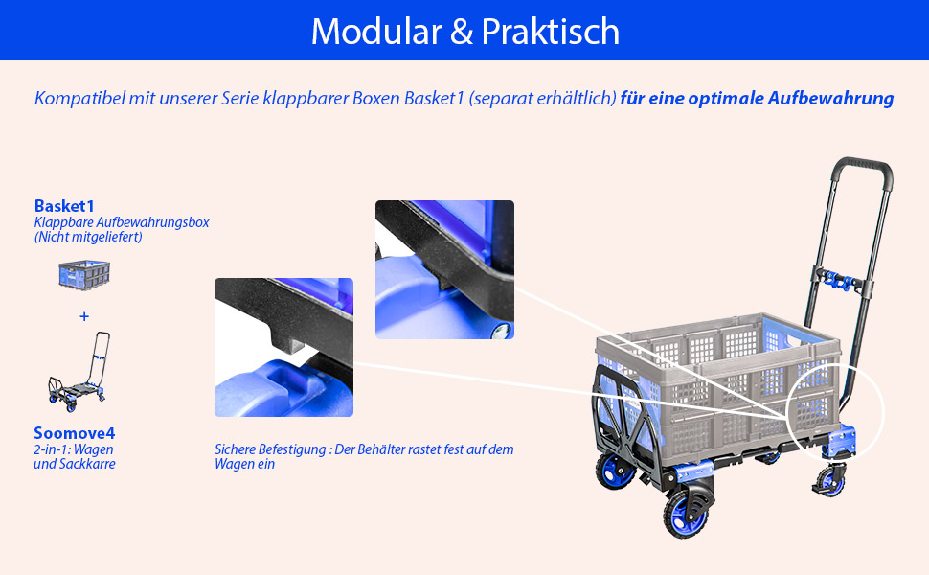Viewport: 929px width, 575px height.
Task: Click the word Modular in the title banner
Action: (376, 32)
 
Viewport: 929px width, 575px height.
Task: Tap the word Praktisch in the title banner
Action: (551, 32)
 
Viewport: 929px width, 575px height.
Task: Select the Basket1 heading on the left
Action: (64, 206)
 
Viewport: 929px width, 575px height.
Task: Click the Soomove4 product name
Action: (74, 433)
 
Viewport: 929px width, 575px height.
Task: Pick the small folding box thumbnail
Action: (84, 275)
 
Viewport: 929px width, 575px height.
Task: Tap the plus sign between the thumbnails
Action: (84, 316)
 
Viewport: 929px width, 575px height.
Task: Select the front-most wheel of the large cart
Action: (685, 514)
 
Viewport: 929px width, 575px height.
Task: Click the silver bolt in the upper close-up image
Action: (501, 330)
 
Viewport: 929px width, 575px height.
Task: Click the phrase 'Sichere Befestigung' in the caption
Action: (270, 449)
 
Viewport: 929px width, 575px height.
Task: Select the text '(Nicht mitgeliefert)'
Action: (88, 237)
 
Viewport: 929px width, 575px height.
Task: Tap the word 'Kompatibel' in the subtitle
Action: (79, 98)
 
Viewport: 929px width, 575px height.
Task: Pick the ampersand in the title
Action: (462, 32)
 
